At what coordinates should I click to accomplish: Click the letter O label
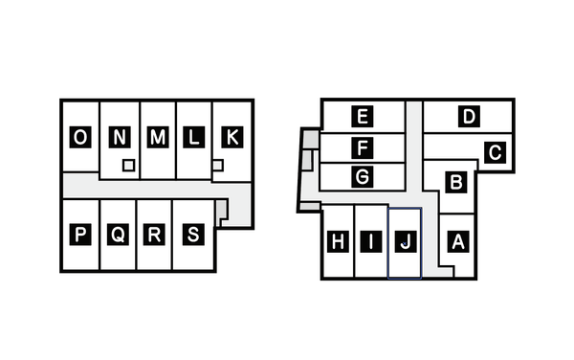coord(80,139)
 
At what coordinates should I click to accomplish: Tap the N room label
coord(119,139)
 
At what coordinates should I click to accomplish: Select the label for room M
coord(157,139)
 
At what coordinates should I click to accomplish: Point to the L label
coord(193,139)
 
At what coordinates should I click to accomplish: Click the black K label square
coord(231,139)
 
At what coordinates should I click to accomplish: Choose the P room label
coord(80,235)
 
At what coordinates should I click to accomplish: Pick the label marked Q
coord(117,235)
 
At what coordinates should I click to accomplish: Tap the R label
coord(155,235)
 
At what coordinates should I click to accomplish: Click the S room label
coord(193,235)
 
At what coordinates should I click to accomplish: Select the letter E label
coord(362,118)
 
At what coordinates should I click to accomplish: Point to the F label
coord(362,148)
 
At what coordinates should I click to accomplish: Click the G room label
coord(362,177)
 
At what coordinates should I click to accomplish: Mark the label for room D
coord(468,118)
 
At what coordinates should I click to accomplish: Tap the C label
coord(495,152)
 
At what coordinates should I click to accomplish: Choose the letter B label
coord(457,181)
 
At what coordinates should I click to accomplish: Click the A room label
coord(457,242)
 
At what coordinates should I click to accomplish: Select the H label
coord(338,242)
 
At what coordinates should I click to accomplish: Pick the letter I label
coord(371,242)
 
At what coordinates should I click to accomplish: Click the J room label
coord(406,242)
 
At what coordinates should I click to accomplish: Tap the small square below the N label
coord(127,166)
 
